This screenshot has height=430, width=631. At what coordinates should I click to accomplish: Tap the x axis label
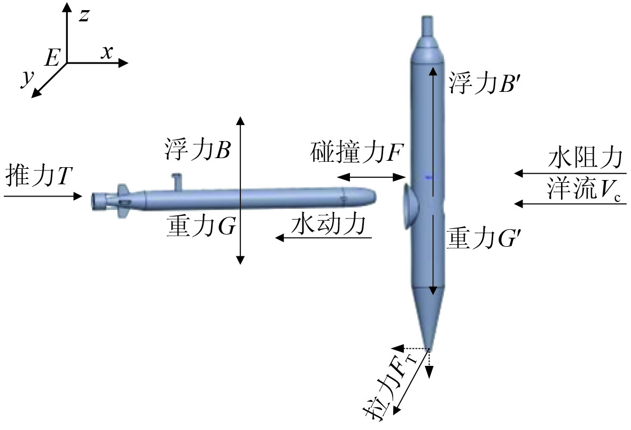[107, 52]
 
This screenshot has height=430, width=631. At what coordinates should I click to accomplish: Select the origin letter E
[52, 58]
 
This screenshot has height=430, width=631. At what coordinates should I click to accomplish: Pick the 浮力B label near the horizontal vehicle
[197, 151]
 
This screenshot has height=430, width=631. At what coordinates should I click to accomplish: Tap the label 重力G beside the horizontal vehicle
[200, 227]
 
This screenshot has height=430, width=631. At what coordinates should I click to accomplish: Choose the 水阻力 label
[586, 159]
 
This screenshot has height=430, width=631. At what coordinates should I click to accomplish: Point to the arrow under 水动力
[324, 239]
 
